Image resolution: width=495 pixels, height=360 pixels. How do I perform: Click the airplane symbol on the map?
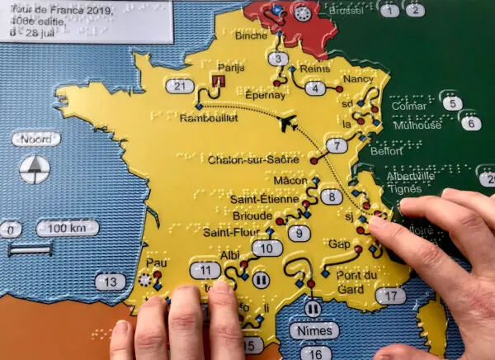289,123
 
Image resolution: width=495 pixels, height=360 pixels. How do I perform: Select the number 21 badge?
180,86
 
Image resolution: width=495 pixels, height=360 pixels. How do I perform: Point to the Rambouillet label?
208,118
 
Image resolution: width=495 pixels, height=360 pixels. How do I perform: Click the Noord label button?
35,139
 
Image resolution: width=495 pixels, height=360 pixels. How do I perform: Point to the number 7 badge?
335,146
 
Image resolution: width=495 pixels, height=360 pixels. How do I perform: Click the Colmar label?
410,106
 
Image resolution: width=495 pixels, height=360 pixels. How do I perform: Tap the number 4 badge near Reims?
313,88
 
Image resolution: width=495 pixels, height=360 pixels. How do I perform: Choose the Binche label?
251,36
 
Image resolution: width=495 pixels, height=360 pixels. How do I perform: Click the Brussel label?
346,12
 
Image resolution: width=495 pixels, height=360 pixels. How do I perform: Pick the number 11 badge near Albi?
205,270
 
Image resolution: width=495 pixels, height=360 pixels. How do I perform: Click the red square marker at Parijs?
218,81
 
